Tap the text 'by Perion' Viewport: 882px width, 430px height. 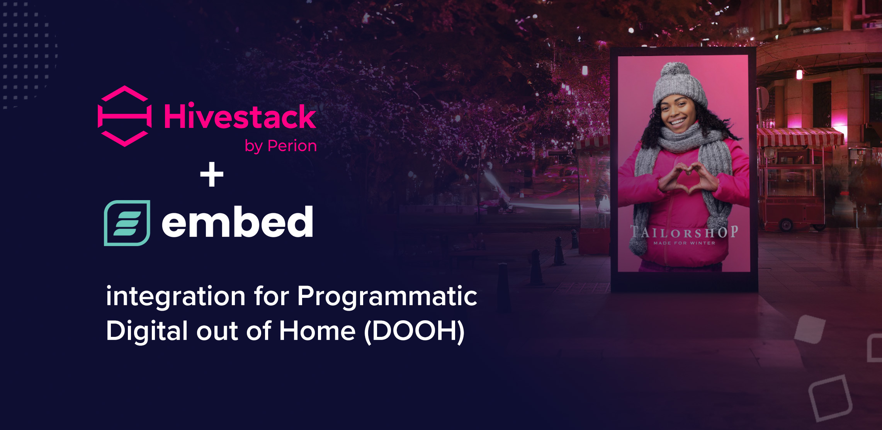coord(281,146)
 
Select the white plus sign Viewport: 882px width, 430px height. coord(212,174)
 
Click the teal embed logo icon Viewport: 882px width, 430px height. coord(127,223)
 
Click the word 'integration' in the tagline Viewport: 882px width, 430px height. coord(176,297)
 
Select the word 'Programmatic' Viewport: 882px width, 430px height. coord(387,297)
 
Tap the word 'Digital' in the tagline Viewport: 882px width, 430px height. coord(147,331)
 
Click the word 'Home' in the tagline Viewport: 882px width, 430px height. coord(317,331)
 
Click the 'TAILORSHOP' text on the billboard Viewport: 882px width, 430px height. coord(684,232)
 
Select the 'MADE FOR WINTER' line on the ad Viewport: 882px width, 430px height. coord(684,243)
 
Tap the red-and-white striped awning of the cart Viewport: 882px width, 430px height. coord(800,137)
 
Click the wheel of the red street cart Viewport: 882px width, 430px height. coord(786,224)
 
